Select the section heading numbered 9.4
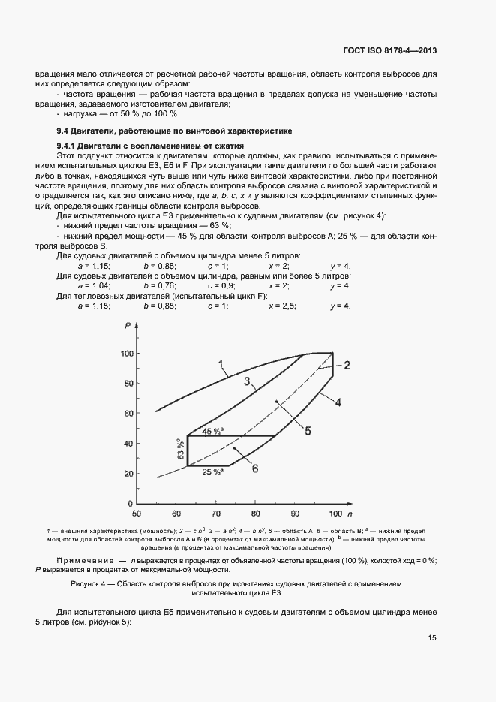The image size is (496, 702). (158, 130)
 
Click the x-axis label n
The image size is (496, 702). (349, 514)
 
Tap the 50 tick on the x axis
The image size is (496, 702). (137, 514)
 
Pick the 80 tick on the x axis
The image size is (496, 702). (255, 514)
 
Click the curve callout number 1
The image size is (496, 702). (221, 365)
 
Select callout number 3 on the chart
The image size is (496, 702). (246, 382)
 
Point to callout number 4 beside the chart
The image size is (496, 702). (338, 402)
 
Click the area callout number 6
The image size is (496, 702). (255, 469)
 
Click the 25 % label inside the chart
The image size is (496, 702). (212, 472)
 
